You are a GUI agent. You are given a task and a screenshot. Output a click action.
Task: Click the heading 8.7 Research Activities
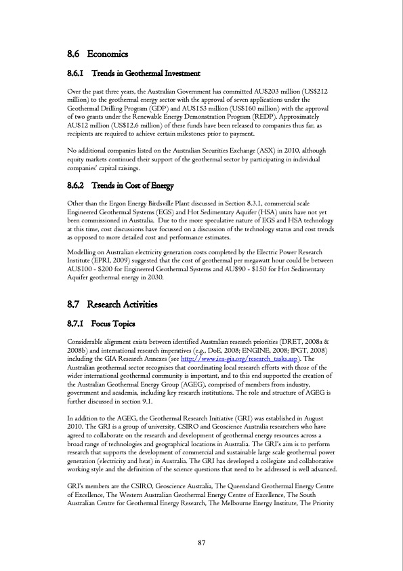pyautogui.click(x=112, y=304)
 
